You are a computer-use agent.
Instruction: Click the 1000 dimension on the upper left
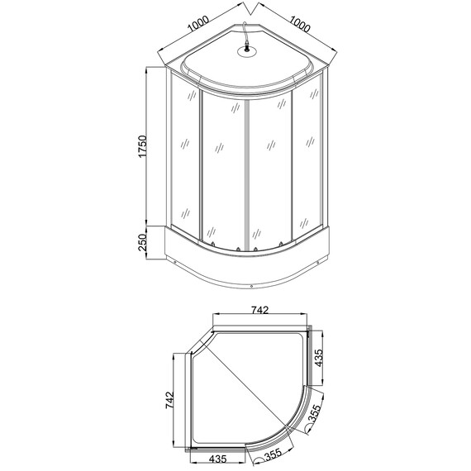(x=199, y=26)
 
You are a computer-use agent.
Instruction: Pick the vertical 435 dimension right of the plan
(x=318, y=358)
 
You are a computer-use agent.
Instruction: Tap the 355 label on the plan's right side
(x=316, y=417)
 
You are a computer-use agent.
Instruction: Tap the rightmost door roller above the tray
(x=283, y=245)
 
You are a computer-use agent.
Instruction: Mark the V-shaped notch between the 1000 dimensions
(x=248, y=11)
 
